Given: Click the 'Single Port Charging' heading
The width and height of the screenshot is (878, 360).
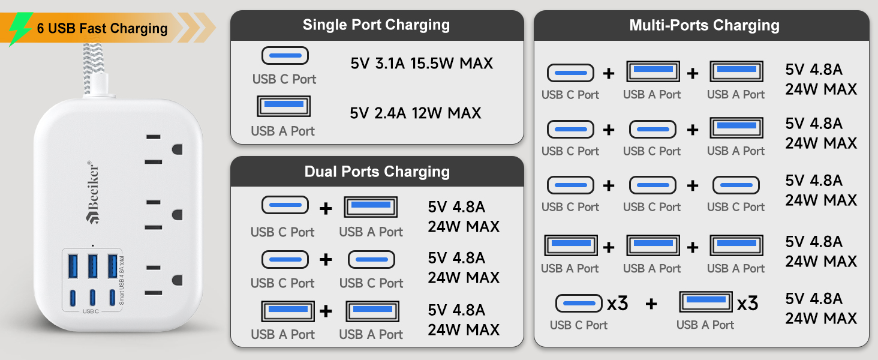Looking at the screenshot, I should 376,25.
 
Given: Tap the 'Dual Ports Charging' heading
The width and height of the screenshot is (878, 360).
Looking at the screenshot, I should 377,172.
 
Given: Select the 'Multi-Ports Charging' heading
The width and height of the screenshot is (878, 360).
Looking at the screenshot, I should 704,25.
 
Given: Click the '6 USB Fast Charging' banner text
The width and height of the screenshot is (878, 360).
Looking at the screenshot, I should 102,29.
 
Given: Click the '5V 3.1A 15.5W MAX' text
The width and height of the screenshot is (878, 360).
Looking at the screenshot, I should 422,63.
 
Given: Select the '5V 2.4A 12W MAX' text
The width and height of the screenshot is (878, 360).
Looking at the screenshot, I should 415,113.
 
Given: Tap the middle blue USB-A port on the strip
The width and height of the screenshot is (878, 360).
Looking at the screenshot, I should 92,266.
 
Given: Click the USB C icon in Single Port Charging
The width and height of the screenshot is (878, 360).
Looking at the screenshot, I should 285,56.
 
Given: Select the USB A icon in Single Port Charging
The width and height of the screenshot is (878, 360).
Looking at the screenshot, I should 284,106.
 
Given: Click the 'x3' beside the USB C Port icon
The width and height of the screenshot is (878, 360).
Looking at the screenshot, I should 617,304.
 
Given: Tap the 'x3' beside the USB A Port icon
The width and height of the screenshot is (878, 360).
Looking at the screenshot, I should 747,304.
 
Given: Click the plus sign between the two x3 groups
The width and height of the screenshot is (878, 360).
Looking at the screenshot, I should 651,304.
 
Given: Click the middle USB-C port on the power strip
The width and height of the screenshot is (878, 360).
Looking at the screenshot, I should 92,297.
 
